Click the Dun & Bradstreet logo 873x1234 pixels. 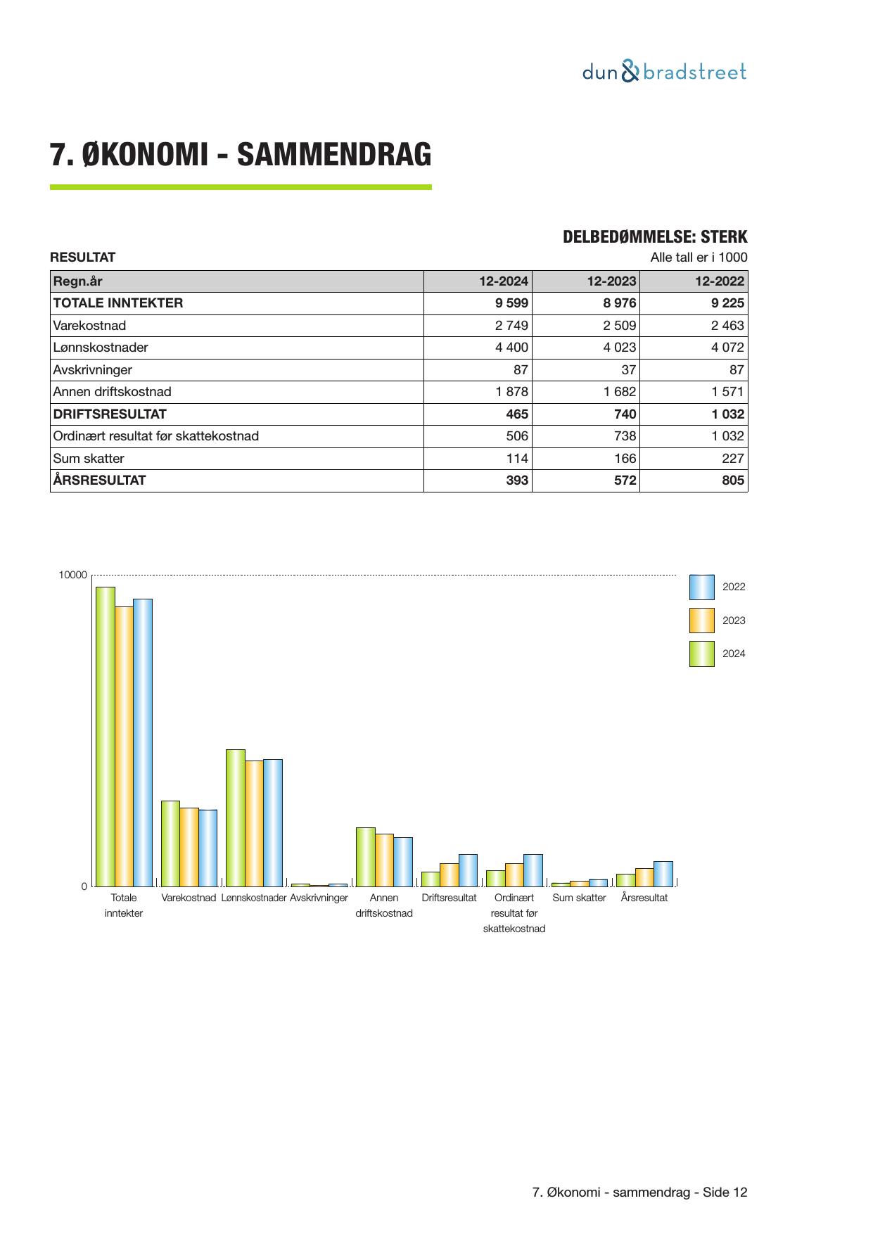(x=664, y=72)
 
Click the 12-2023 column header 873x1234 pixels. (x=611, y=281)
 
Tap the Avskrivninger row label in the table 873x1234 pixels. (x=92, y=370)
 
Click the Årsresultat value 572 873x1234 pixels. (x=625, y=481)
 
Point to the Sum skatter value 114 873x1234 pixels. (x=516, y=459)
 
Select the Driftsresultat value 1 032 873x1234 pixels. (x=727, y=414)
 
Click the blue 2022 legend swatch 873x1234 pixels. (x=701, y=587)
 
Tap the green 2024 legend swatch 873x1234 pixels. (x=701, y=654)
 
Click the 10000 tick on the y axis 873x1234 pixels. (x=73, y=575)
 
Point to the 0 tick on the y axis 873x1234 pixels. (x=84, y=886)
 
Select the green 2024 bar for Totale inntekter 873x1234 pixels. (x=106, y=737)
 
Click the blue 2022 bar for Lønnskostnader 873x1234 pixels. (x=273, y=822)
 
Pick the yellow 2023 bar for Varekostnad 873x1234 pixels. (x=189, y=847)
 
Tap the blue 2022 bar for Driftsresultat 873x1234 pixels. (x=468, y=870)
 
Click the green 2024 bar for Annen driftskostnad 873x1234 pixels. (x=365, y=857)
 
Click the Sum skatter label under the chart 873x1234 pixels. (x=579, y=898)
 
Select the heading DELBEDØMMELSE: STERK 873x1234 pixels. (x=655, y=237)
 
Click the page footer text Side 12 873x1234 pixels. (x=725, y=1192)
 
